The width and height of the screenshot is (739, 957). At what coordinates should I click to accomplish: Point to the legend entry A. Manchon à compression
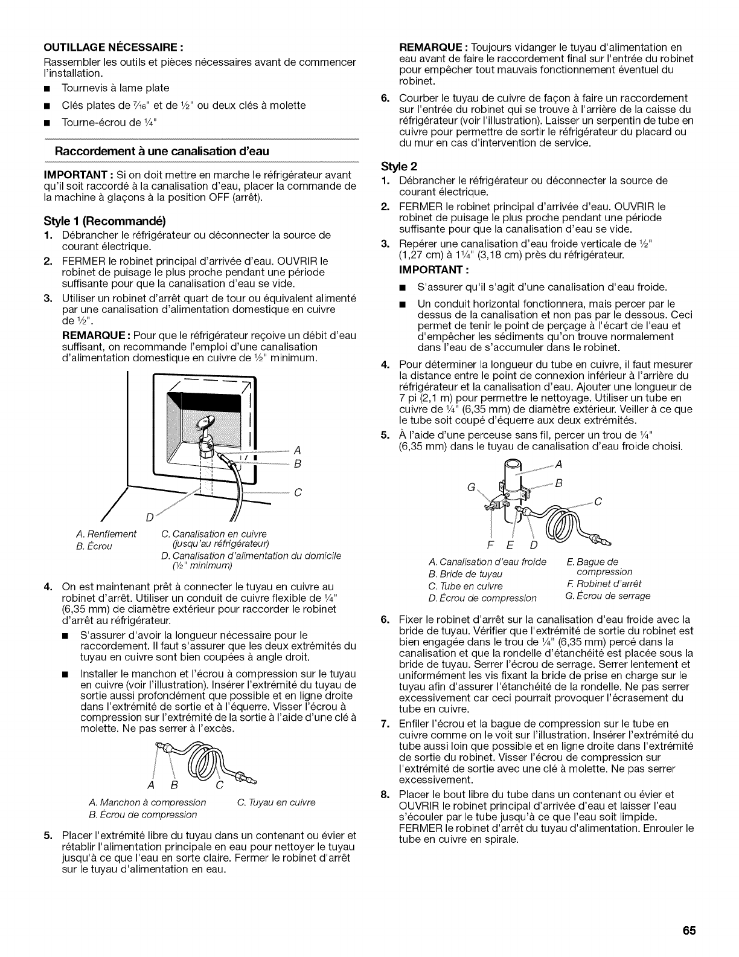tap(147, 802)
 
